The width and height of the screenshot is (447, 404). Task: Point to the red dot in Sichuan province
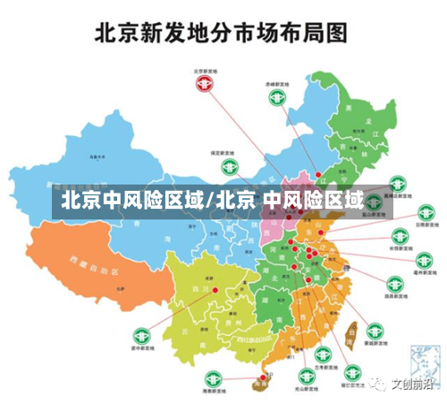pyautogui.click(x=215, y=289)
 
